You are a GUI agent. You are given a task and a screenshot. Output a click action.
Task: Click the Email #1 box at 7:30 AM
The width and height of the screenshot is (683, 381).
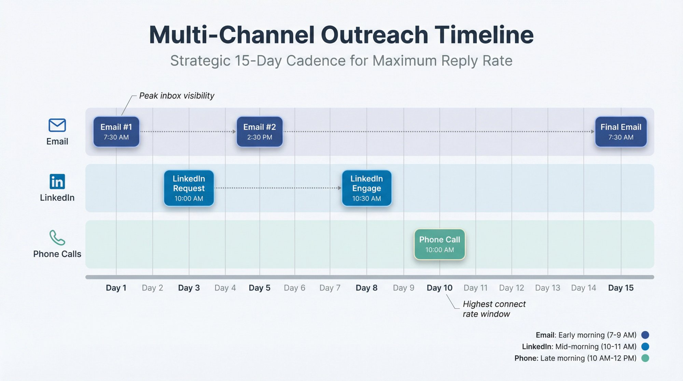tap(116, 132)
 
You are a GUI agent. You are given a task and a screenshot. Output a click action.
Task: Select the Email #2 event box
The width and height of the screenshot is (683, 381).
tap(260, 132)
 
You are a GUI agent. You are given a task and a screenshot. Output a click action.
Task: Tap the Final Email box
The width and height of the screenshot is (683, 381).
tap(621, 132)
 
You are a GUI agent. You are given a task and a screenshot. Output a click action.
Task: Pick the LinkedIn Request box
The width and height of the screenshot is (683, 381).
tap(189, 188)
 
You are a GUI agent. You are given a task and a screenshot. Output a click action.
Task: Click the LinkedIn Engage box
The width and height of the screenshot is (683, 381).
tap(366, 188)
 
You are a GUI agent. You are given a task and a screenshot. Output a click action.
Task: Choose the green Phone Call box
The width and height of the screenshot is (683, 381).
tap(440, 244)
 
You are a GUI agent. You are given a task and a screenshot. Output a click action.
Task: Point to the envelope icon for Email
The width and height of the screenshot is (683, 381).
tap(57, 125)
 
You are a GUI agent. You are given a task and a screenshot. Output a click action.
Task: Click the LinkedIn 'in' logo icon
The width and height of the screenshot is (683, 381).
tap(57, 182)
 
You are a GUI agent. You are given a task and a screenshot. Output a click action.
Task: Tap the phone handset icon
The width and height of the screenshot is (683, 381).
tap(57, 238)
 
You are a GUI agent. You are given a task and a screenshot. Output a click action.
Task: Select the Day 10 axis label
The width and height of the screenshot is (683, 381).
tap(440, 288)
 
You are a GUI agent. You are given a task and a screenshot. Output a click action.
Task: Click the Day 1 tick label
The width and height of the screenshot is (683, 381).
tap(116, 288)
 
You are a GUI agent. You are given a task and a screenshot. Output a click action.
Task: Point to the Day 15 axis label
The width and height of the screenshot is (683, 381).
tap(621, 288)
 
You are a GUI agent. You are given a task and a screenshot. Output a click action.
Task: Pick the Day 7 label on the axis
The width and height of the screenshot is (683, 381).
tap(330, 288)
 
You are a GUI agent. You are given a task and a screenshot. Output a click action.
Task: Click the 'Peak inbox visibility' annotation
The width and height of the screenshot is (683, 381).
tap(177, 96)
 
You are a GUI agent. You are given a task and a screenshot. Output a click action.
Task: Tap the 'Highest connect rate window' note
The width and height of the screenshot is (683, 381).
tap(494, 309)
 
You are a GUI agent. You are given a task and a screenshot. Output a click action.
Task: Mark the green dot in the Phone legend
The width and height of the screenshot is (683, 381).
tap(645, 358)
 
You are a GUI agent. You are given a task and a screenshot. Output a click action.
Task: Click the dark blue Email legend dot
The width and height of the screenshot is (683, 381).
tap(645, 335)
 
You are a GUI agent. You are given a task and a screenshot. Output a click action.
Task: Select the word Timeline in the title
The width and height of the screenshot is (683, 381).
tap(484, 35)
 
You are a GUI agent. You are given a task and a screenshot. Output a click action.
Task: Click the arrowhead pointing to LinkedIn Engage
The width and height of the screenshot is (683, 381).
tap(339, 188)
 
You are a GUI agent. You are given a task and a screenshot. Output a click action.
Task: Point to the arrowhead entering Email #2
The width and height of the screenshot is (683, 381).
tap(234, 131)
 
